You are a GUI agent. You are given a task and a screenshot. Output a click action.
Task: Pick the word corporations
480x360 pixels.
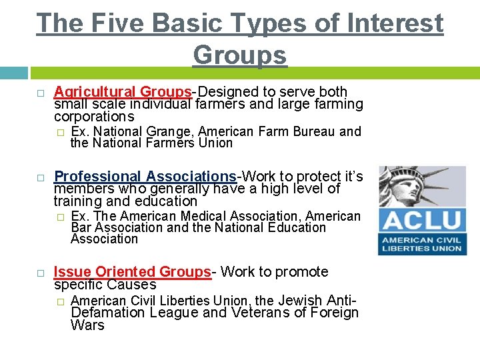94,117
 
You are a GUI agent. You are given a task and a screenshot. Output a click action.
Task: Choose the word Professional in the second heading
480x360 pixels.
97,177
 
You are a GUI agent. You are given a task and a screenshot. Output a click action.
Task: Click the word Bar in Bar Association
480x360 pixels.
81,227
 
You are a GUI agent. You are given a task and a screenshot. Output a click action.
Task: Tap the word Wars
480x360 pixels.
87,325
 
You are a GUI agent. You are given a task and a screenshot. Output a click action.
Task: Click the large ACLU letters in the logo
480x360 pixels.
421,221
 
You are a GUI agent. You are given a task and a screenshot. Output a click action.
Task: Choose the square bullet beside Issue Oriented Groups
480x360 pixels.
41,273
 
